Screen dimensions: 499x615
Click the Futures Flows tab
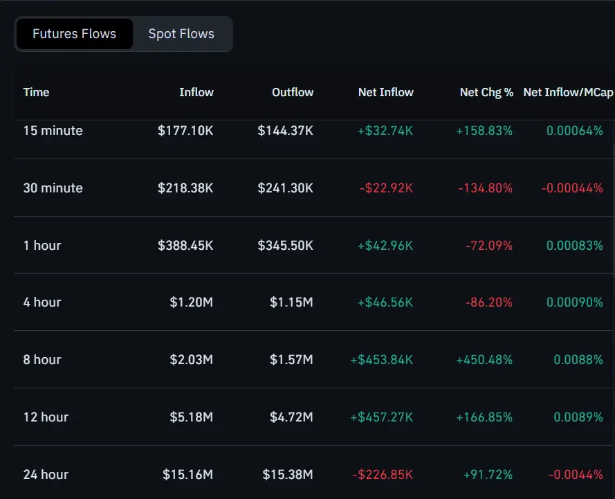tap(74, 34)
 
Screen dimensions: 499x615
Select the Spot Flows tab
tap(181, 34)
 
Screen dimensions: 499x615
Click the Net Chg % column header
tap(486, 92)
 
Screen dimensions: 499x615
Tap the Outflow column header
tap(292, 92)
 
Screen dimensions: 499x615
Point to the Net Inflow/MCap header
tap(567, 92)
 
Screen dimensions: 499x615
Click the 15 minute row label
tap(53, 131)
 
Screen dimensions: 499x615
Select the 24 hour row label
tap(46, 475)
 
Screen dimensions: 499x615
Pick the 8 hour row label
tap(42, 360)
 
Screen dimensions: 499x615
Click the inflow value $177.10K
tap(185, 131)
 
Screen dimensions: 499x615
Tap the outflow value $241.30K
tap(285, 188)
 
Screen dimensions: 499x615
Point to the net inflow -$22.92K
tap(386, 188)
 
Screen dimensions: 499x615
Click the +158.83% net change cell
tap(484, 131)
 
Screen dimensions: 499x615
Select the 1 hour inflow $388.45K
tap(185, 246)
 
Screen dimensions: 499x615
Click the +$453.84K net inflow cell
tap(382, 360)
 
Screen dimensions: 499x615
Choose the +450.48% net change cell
tap(484, 360)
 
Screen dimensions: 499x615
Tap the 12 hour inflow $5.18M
tap(191, 417)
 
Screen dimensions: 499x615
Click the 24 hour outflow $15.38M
tap(288, 475)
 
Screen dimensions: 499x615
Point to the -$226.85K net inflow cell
tap(383, 475)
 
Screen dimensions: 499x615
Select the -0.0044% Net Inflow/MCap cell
tap(576, 475)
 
